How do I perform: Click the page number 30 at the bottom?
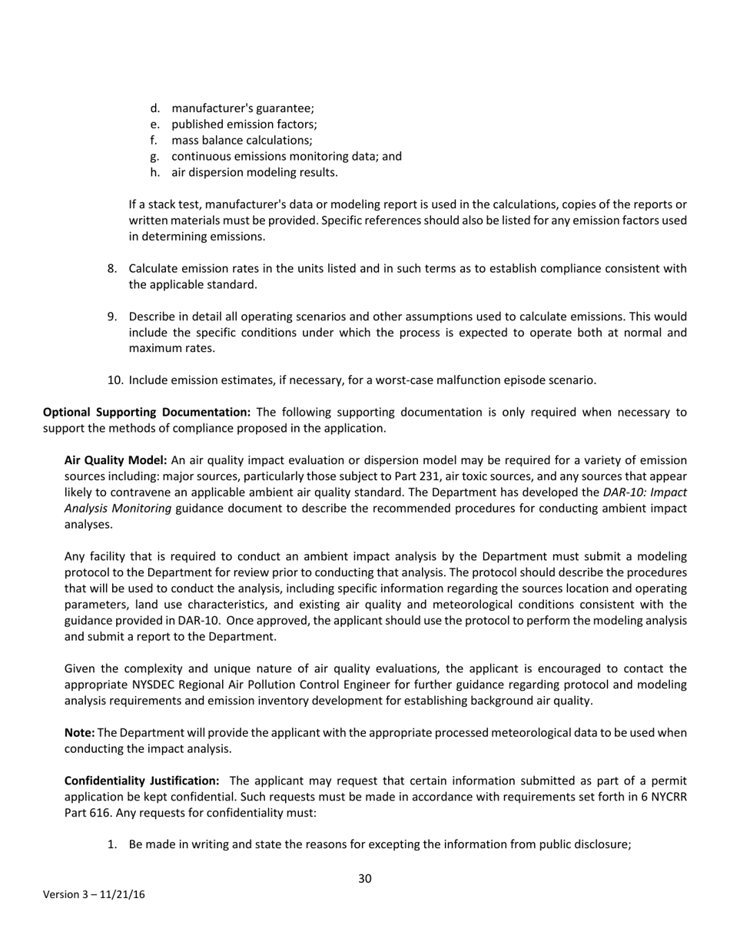365,878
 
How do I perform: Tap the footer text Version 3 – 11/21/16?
94,894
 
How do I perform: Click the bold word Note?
79,733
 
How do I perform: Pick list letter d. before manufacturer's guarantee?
155,108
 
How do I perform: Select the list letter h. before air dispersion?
155,172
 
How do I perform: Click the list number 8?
112,268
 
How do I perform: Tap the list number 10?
114,380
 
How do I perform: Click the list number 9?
112,317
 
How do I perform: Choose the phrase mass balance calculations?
241,141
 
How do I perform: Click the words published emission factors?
244,124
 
